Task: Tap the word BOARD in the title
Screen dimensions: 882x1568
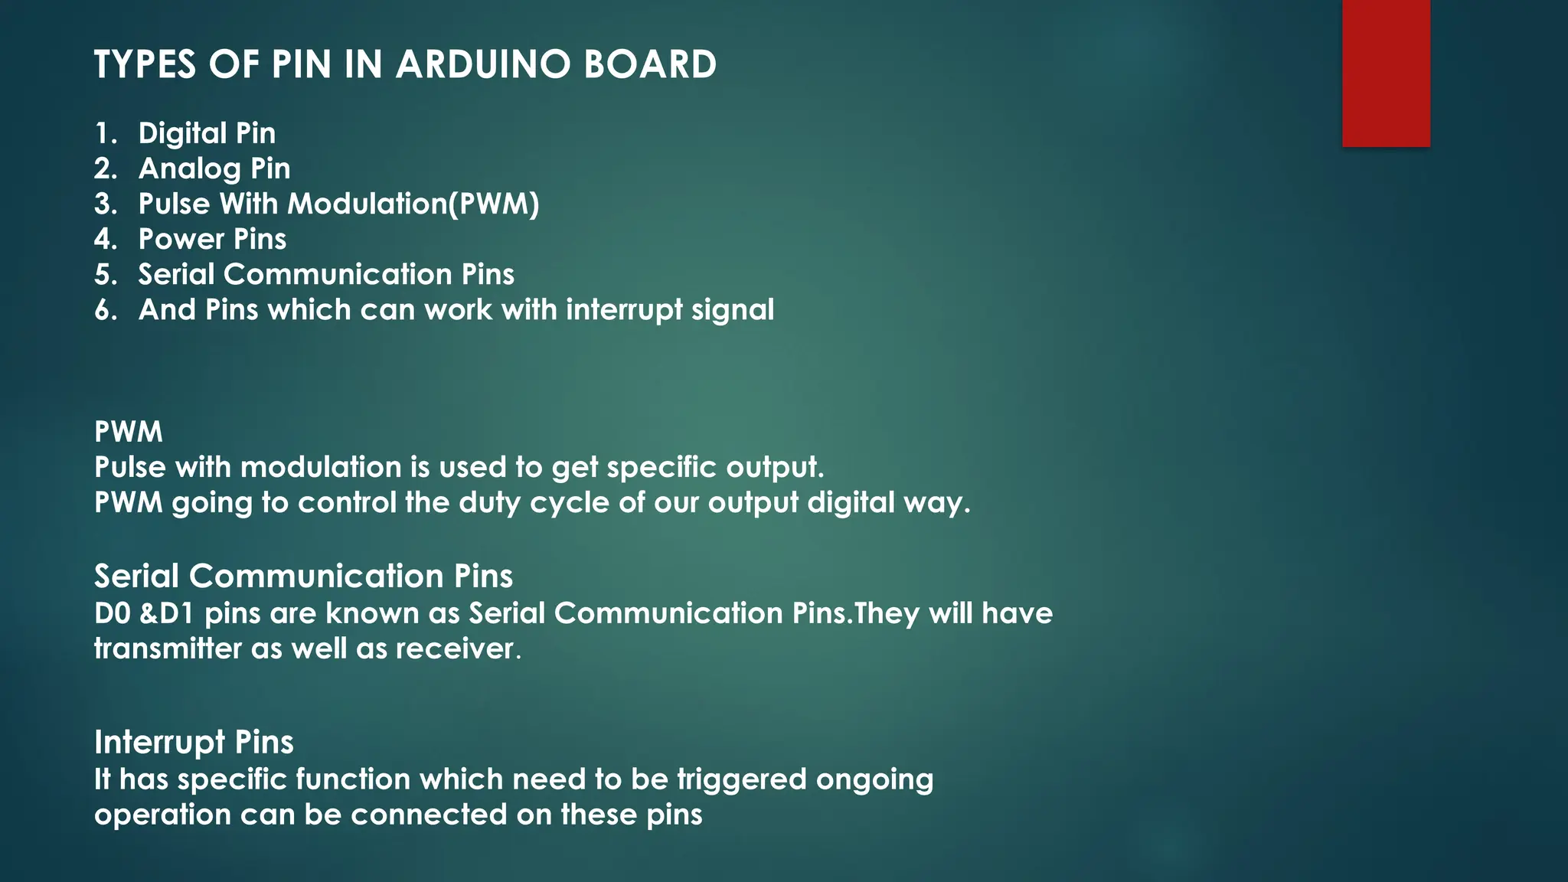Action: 650,64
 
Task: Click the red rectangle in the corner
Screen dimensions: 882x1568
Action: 1386,73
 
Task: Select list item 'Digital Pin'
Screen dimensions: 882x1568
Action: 207,133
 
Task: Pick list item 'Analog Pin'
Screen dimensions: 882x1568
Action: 214,168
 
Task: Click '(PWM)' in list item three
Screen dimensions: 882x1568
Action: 494,204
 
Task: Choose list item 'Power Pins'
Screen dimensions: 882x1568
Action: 212,239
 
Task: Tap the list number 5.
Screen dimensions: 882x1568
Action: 104,274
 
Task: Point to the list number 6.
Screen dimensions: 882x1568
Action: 104,310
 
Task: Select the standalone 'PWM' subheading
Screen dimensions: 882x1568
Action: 128,432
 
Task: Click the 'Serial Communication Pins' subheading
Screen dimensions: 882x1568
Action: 303,576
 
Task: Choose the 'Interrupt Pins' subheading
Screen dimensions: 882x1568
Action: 194,742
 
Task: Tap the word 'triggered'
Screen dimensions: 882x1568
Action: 742,779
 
